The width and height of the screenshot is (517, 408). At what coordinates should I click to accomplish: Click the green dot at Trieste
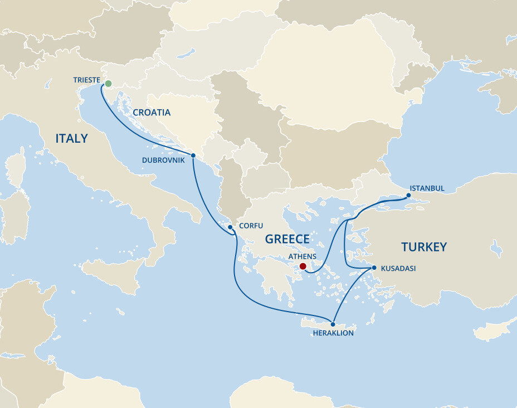pyautogui.click(x=108, y=84)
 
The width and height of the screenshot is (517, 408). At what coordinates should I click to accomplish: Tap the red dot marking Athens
pyautogui.click(x=303, y=266)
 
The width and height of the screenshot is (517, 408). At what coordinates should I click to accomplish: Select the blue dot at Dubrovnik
pyautogui.click(x=193, y=156)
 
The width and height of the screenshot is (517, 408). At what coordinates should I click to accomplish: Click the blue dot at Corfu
pyautogui.click(x=230, y=227)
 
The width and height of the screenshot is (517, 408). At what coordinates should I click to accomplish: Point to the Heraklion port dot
pyautogui.click(x=333, y=324)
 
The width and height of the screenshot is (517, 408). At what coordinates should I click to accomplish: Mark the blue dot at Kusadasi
pyautogui.click(x=374, y=268)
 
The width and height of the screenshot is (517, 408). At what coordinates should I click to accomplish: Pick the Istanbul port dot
pyautogui.click(x=408, y=196)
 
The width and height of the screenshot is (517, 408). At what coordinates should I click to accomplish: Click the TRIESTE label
pyautogui.click(x=86, y=80)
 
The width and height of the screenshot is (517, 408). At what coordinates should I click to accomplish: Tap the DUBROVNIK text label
pyautogui.click(x=163, y=159)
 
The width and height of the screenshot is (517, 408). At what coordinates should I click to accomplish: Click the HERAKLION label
pyautogui.click(x=333, y=333)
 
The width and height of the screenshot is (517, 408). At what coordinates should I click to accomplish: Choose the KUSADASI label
pyautogui.click(x=398, y=268)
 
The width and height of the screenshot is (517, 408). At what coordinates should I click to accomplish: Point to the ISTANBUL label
pyautogui.click(x=427, y=188)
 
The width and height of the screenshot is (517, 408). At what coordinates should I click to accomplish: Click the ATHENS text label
pyautogui.click(x=302, y=256)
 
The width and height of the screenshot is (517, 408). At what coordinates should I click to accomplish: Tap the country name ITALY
pyautogui.click(x=71, y=138)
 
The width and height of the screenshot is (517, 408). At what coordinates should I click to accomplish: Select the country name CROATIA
pyautogui.click(x=152, y=113)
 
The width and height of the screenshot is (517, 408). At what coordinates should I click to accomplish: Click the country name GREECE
pyautogui.click(x=287, y=239)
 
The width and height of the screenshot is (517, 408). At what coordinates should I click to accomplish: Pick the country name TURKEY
pyautogui.click(x=424, y=247)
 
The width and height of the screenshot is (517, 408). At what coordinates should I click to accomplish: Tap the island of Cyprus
pyautogui.click(x=491, y=330)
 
